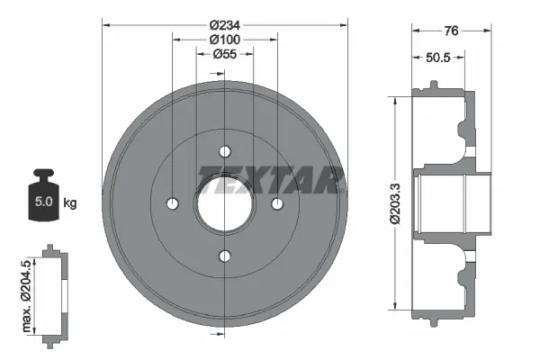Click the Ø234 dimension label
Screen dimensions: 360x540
[x=224, y=25]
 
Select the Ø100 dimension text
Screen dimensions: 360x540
[x=224, y=40]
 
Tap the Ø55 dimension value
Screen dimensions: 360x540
[x=224, y=55]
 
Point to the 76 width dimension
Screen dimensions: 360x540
[x=452, y=31]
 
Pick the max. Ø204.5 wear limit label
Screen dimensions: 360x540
[x=26, y=293]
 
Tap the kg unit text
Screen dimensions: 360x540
[x=70, y=203]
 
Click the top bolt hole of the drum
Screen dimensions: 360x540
[x=225, y=151]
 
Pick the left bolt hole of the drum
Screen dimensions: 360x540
[x=172, y=204]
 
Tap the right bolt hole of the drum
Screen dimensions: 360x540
[x=278, y=204]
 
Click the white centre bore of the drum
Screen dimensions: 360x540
[x=225, y=204]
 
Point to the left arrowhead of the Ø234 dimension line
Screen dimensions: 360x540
[x=105, y=25]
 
